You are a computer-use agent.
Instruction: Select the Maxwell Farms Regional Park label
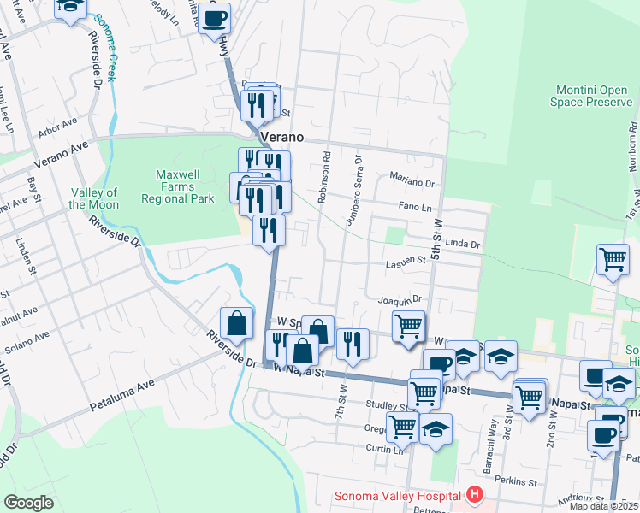pyautogui.click(x=177, y=186)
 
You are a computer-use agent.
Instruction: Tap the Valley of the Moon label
pyautogui.click(x=93, y=198)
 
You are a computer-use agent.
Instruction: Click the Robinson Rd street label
pyautogui.click(x=324, y=178)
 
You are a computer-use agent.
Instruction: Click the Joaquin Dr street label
pyautogui.click(x=400, y=300)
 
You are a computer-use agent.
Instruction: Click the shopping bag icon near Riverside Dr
pyautogui.click(x=237, y=323)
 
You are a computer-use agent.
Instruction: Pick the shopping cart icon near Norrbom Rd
pyautogui.click(x=613, y=258)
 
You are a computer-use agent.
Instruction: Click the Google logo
pyautogui.click(x=29, y=503)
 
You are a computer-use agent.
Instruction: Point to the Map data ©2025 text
pyautogui.click(x=602, y=506)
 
